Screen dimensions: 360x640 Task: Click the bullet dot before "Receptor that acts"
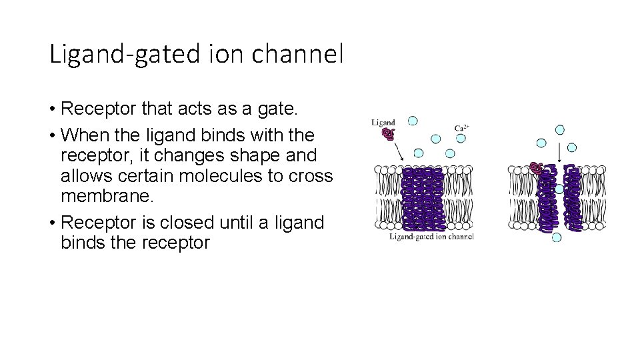(x=51, y=109)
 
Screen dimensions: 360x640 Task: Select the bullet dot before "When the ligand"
(x=51, y=135)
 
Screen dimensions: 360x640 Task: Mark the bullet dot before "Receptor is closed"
(x=51, y=223)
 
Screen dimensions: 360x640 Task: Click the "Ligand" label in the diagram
(x=383, y=122)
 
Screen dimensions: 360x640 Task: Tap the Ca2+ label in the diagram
(x=461, y=128)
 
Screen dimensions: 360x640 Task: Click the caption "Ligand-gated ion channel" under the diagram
(x=431, y=237)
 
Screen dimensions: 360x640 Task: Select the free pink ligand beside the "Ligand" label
(x=388, y=134)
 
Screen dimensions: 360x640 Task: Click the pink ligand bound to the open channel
(x=535, y=167)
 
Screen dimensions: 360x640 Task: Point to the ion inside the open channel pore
(x=559, y=189)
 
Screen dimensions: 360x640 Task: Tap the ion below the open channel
(x=557, y=237)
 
